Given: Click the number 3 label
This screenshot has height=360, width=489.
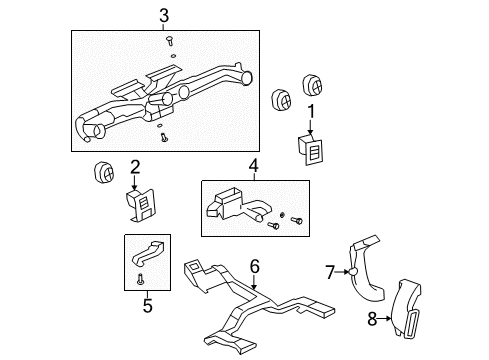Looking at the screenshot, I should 163,15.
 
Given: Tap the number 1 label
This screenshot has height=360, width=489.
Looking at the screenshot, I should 311,111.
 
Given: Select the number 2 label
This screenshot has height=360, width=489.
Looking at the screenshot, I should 134,167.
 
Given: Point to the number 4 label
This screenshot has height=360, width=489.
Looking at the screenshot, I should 254,165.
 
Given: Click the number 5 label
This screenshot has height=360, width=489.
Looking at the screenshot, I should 147,305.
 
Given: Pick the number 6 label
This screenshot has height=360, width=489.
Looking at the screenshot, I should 254,265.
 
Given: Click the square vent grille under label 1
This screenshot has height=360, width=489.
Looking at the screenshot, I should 311,148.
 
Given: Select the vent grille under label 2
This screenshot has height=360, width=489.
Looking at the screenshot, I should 141,206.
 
